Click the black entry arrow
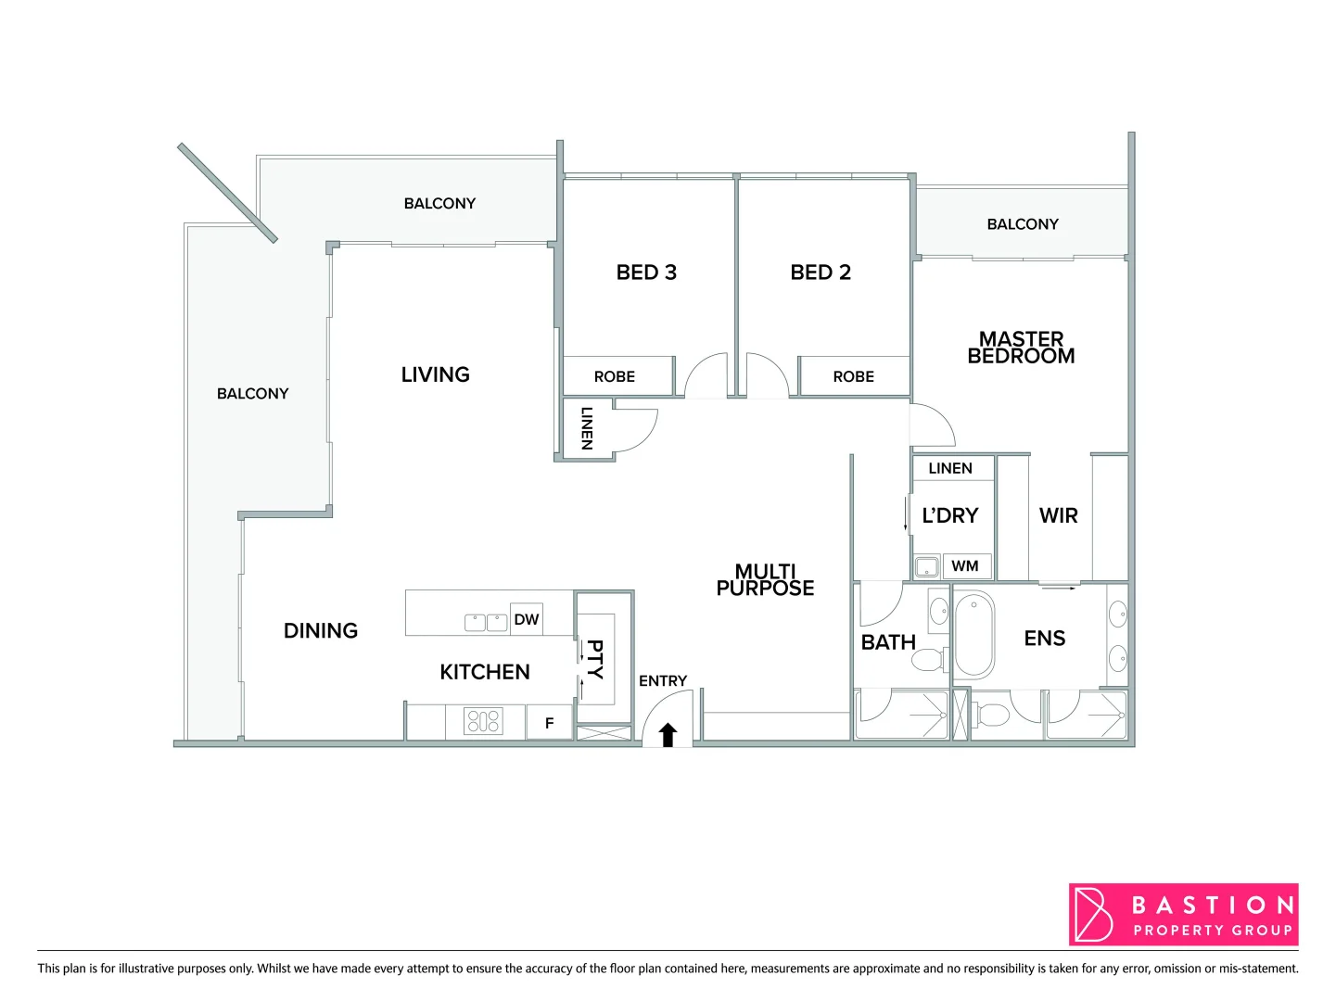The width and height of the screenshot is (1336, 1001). [x=668, y=735]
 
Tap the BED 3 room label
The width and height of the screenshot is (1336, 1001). [x=646, y=272]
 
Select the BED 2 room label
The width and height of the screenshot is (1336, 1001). [x=821, y=272]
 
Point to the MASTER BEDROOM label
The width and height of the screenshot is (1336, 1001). [x=1021, y=348]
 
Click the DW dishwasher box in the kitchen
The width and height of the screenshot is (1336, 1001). [x=526, y=619]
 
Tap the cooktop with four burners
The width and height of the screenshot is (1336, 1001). [x=483, y=721]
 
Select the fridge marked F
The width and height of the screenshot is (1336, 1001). [x=549, y=723]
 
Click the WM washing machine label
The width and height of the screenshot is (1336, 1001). [x=964, y=566]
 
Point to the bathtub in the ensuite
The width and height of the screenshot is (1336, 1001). [x=973, y=636]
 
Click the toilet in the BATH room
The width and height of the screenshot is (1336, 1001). [x=927, y=660]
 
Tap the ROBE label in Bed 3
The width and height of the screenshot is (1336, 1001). [x=615, y=376]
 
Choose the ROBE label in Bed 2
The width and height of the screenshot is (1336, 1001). [x=853, y=376]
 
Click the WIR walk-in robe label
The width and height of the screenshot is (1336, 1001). [x=1058, y=516]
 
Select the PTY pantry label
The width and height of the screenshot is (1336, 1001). [x=594, y=659]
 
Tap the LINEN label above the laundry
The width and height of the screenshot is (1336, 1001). [x=950, y=468]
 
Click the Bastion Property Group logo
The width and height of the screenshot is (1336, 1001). [x=1183, y=915]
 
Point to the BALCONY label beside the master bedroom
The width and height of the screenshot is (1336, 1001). [x=1022, y=224]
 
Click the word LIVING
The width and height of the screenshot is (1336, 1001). [x=435, y=374]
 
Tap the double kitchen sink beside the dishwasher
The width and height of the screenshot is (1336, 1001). [x=486, y=622]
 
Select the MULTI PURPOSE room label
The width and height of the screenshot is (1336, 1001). [x=765, y=579]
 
